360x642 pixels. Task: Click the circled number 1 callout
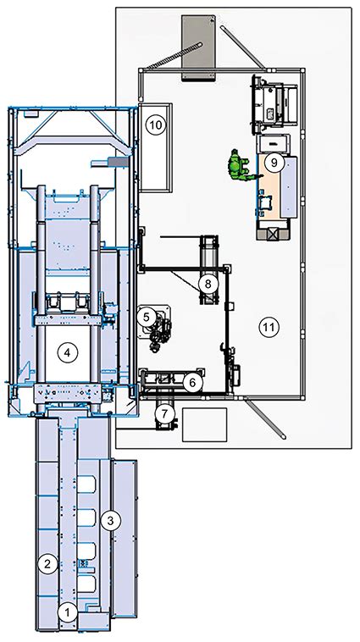click(x=68, y=613)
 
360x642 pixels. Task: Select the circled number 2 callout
click(x=47, y=564)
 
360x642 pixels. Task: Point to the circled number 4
click(x=67, y=351)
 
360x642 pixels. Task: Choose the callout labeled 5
click(x=147, y=316)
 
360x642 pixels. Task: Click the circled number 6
click(x=192, y=383)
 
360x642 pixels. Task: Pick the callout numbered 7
click(x=164, y=413)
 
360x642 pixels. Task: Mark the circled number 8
click(x=208, y=283)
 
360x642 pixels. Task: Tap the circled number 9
click(x=274, y=163)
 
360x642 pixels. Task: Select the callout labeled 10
click(x=156, y=125)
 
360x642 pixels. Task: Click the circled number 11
click(x=269, y=327)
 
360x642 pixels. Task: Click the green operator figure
click(x=241, y=166)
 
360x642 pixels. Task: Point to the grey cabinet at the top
click(x=198, y=47)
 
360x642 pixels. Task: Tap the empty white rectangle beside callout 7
click(x=204, y=424)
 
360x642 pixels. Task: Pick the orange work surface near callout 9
click(x=269, y=187)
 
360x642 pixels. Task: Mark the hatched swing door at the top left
click(x=174, y=55)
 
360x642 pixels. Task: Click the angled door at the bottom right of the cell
click(x=266, y=419)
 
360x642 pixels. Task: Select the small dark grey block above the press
click(x=118, y=162)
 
